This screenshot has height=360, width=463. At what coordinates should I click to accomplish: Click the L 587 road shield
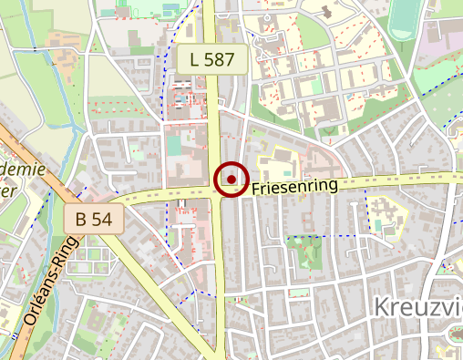212,61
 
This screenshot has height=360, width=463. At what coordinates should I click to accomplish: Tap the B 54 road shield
94,219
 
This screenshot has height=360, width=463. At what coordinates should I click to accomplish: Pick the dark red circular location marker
231,179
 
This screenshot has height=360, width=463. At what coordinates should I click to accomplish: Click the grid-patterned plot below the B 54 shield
87,251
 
